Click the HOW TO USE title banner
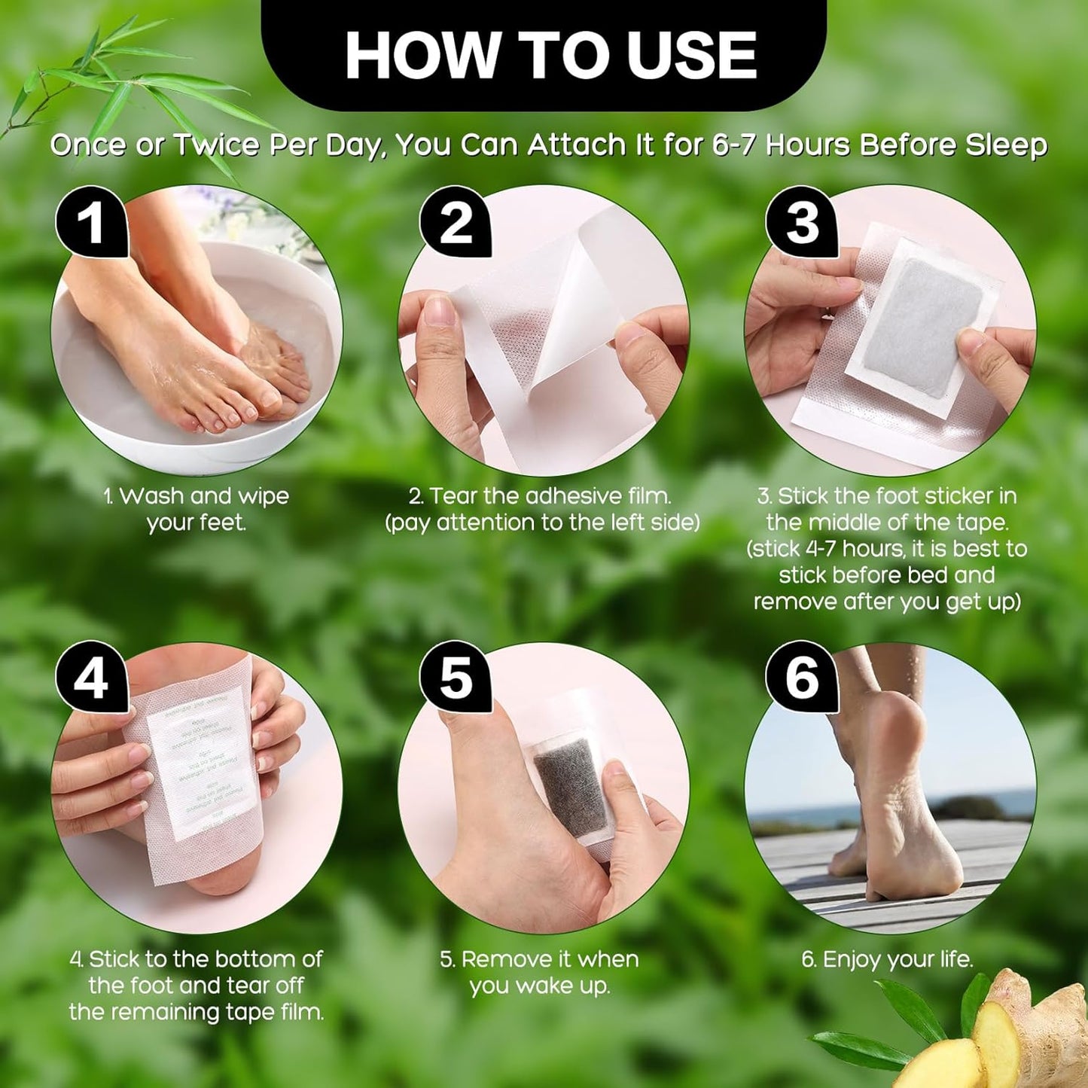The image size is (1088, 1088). click(544, 54)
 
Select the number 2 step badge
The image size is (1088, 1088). click(455, 222)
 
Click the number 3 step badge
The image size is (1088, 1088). click(802, 222)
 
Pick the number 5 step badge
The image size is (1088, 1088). click(455, 678)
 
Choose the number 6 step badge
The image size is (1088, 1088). click(802, 678)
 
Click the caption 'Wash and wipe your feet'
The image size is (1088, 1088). click(197, 509)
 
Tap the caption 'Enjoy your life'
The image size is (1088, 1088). click(887, 959)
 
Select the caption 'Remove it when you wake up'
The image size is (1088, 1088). click(539, 972)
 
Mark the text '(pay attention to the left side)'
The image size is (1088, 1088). click(542, 523)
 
